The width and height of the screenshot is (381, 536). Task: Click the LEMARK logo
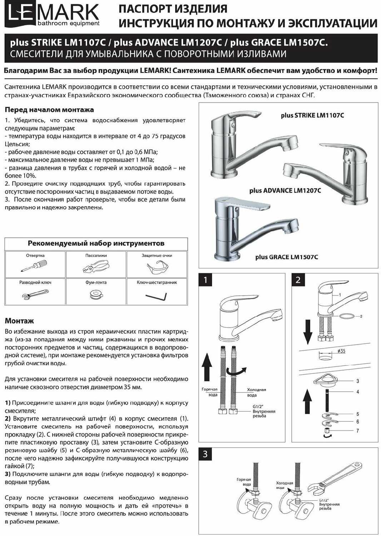coord(53,15)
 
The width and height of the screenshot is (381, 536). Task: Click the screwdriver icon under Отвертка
coord(34,267)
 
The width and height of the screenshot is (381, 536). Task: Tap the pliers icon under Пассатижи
coord(95,267)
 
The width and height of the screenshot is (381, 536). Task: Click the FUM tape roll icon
coord(96,294)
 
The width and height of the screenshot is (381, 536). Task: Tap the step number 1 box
coord(206,280)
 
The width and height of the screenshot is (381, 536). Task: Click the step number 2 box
coord(298,280)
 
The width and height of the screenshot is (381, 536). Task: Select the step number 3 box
coord(205,454)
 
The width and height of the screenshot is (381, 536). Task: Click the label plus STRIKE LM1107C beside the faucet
coord(312,115)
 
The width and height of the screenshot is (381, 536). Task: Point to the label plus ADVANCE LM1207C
coord(285,190)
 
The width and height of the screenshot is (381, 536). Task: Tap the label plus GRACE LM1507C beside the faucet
coord(286,257)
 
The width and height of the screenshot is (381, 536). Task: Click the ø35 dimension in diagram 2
coord(341,351)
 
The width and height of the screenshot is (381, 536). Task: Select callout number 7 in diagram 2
coord(357,431)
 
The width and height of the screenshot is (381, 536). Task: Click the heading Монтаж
coord(19,321)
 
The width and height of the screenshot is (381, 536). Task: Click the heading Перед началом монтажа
coord(49,110)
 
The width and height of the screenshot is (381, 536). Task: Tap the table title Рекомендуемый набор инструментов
coord(96,243)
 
